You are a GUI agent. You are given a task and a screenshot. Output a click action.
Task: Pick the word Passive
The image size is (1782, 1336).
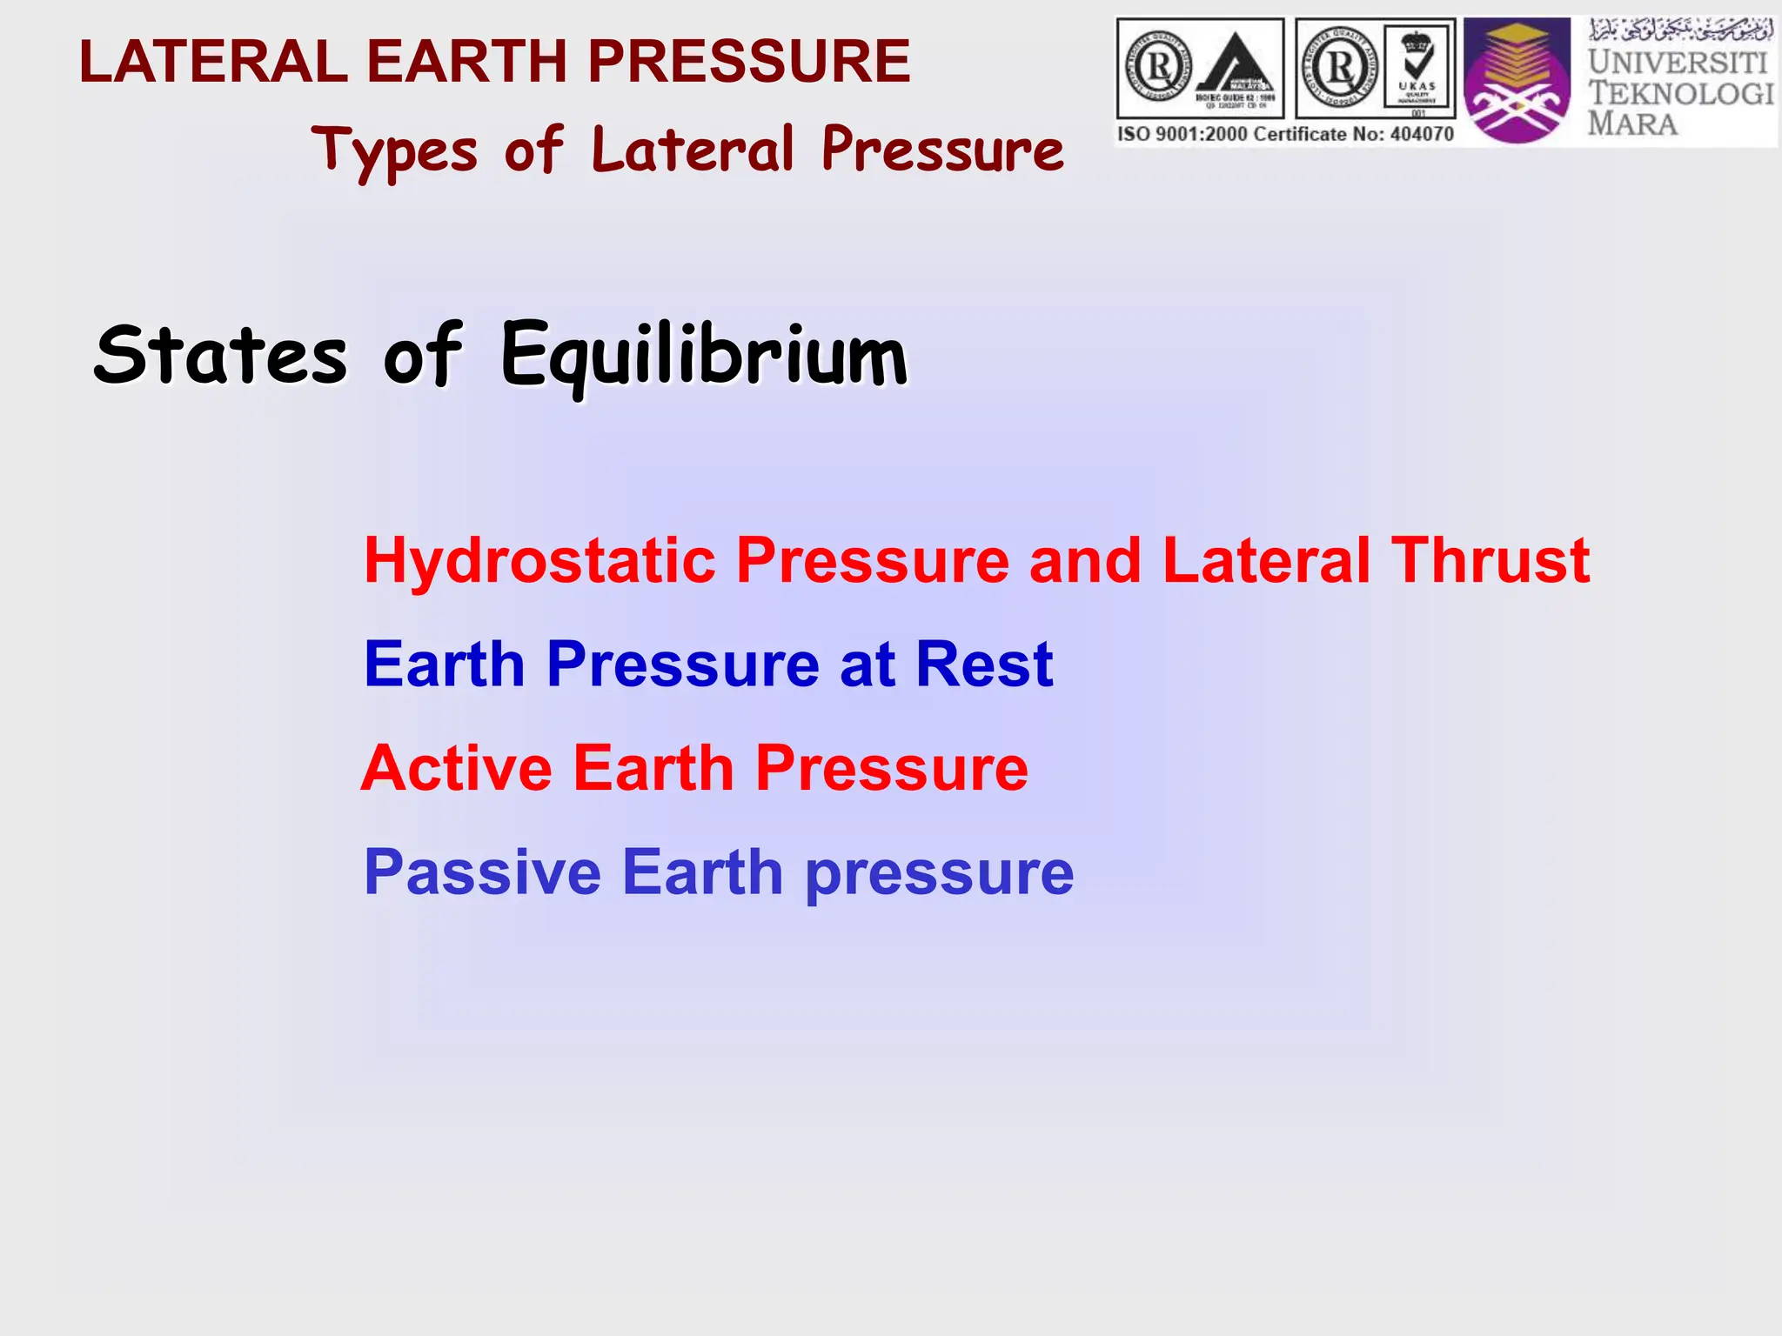coord(482,872)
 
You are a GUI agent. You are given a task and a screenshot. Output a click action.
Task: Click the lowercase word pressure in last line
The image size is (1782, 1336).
coord(940,874)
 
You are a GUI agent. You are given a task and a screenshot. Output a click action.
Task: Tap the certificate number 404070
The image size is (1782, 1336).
coord(1420,134)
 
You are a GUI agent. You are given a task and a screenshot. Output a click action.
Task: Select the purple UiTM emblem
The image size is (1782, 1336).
coord(1517,80)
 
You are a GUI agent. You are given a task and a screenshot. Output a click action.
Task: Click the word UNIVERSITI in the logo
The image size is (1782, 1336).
coord(1678,63)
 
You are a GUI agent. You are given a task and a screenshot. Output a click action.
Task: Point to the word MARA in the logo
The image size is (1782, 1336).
coord(1632,124)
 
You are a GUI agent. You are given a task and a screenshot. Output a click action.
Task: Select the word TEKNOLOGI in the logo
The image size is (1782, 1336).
coord(1680,93)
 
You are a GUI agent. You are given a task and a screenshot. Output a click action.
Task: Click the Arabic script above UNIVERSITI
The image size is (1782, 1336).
coord(1680,31)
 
